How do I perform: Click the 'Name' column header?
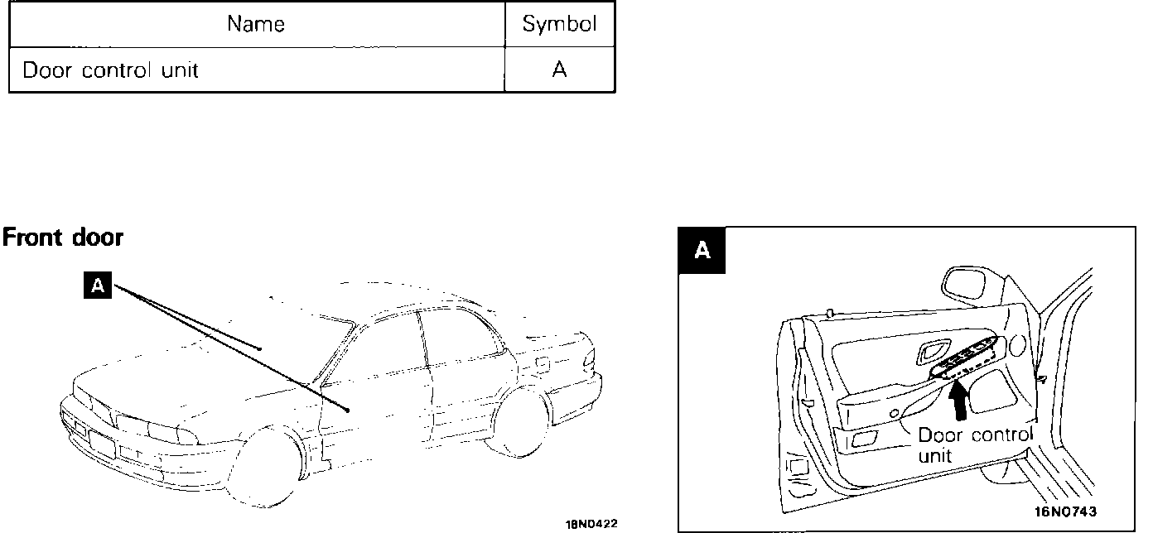pos(256,24)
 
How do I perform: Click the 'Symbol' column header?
pos(559,24)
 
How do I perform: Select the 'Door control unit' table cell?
pos(110,70)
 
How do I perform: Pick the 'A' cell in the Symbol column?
pos(559,70)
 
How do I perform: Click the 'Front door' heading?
pos(63,238)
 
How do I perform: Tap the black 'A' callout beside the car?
pos(98,286)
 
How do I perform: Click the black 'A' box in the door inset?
pos(702,250)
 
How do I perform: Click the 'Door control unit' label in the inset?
pos(975,444)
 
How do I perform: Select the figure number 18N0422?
pos(591,524)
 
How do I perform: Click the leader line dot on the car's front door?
pos(348,410)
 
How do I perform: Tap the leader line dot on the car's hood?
pos(259,348)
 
